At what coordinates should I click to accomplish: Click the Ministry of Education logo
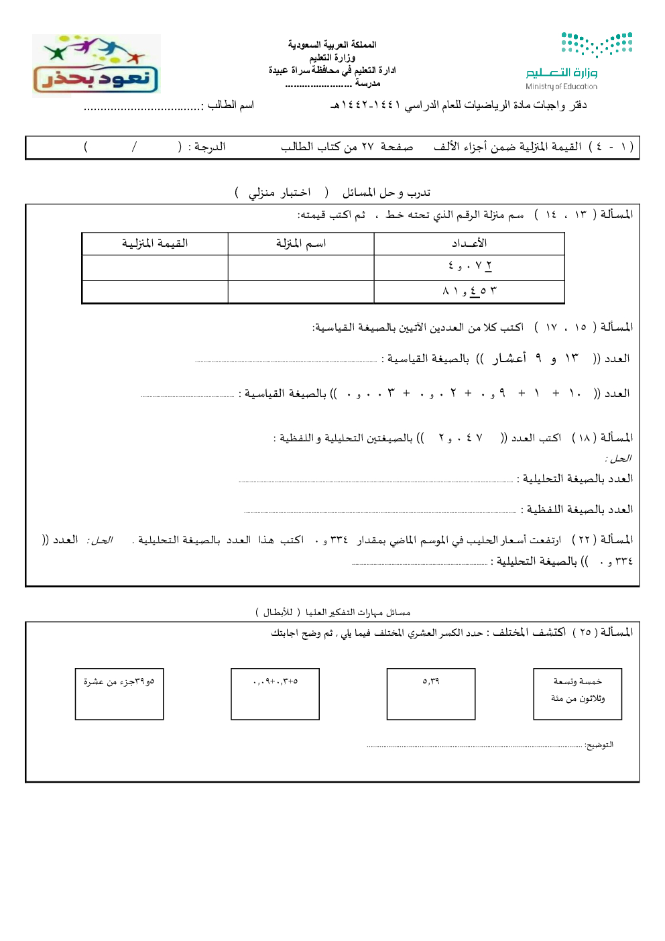(x=579, y=60)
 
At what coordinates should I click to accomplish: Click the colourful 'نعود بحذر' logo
(x=96, y=66)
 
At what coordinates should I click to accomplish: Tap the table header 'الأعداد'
(x=469, y=243)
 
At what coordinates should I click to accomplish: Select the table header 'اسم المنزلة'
(x=301, y=243)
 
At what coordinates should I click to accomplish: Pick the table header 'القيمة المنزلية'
(x=155, y=243)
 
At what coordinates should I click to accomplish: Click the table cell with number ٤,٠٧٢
(x=469, y=266)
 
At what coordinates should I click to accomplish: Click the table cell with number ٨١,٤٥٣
(x=469, y=291)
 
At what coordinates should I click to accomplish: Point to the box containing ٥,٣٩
(x=431, y=694)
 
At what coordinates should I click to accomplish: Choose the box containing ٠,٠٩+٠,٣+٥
(x=275, y=694)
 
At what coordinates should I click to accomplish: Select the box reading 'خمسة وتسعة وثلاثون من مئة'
(x=577, y=694)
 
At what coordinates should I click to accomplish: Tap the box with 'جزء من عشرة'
(x=119, y=694)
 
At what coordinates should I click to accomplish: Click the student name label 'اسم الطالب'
(x=230, y=105)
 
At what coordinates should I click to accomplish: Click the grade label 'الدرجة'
(x=206, y=147)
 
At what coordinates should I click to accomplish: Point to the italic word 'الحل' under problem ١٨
(x=618, y=459)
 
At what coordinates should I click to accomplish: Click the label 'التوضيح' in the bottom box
(x=599, y=745)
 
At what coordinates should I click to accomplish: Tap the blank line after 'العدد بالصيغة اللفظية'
(x=380, y=512)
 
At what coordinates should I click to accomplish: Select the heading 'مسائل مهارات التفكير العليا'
(x=357, y=612)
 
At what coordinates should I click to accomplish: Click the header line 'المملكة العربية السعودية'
(x=332, y=45)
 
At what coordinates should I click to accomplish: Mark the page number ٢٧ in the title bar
(x=367, y=147)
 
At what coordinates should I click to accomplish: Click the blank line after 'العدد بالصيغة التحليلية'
(x=375, y=481)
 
